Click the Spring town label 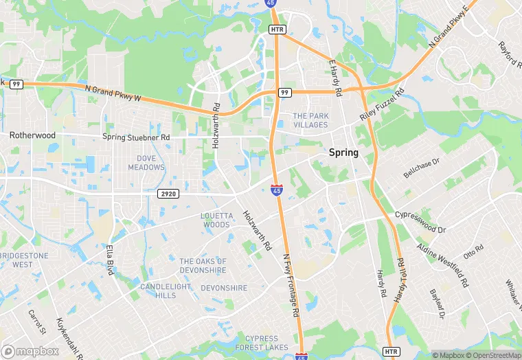[343, 153]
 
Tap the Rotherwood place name [32, 135]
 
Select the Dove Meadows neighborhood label [146, 163]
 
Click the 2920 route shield [168, 194]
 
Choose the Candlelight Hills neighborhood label [157, 291]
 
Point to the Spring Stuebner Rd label [135, 137]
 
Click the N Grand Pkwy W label [113, 93]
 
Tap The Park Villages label [310, 120]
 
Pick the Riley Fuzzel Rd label [381, 105]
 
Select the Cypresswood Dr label [421, 222]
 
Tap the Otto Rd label [474, 252]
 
